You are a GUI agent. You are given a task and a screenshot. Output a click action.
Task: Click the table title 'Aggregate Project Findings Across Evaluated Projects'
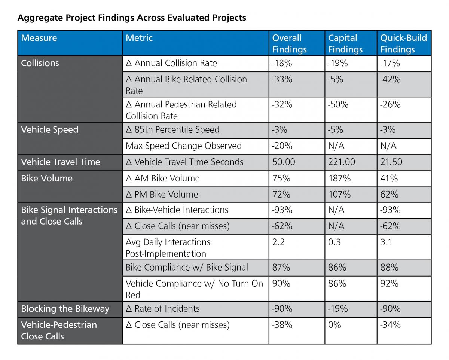(x=132, y=18)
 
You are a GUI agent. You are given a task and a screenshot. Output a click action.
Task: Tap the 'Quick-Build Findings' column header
(x=403, y=43)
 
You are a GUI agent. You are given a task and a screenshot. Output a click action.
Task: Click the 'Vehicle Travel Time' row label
(x=61, y=162)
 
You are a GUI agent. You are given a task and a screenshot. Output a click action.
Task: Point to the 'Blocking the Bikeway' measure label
(x=65, y=309)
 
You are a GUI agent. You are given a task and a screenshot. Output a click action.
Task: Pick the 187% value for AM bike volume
(x=339, y=178)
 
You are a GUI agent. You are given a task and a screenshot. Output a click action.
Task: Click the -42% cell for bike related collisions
(x=390, y=79)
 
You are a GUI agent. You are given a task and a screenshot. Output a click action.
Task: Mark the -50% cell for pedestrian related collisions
(x=338, y=104)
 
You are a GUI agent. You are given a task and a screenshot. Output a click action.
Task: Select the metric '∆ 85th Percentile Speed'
(x=172, y=130)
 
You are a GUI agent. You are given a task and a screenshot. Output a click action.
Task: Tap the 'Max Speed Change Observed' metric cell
(x=184, y=146)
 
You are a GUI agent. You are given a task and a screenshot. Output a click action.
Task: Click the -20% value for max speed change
(x=282, y=146)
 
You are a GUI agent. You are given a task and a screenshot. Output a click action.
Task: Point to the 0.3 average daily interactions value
(x=335, y=242)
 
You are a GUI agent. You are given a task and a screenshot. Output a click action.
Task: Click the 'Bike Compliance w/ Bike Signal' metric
(x=187, y=268)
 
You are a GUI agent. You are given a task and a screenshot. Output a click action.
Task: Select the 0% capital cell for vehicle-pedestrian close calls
(x=335, y=325)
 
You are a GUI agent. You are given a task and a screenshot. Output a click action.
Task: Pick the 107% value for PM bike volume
(x=339, y=194)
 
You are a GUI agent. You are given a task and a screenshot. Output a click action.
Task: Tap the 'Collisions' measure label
(x=40, y=63)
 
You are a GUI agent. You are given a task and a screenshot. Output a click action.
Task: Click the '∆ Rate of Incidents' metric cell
(x=163, y=309)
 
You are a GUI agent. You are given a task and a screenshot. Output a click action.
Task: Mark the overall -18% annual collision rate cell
(x=282, y=63)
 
